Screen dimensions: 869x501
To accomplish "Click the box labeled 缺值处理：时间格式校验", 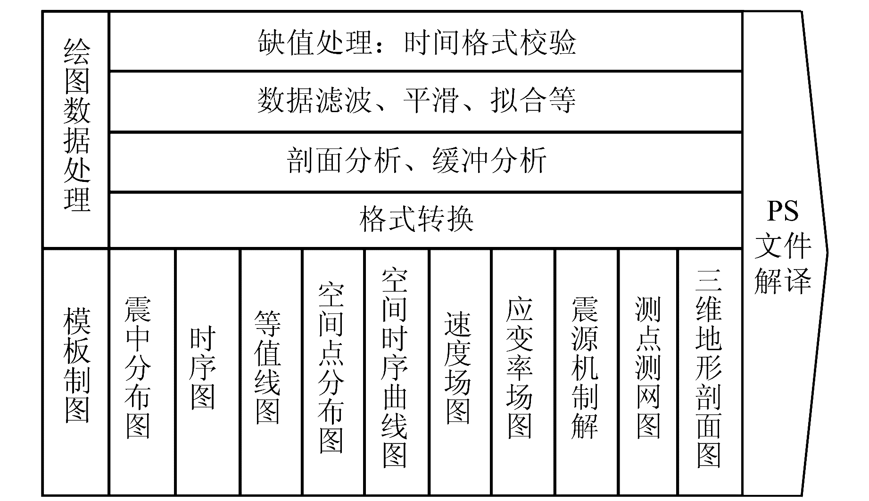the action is (417, 42).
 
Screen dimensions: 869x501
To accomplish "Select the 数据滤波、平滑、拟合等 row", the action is (417, 101).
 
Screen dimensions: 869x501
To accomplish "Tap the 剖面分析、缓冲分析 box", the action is (417, 161).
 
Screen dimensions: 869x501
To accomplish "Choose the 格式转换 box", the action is (417, 219).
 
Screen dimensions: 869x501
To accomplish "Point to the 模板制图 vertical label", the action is (76, 366).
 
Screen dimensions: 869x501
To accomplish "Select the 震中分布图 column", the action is (138, 368).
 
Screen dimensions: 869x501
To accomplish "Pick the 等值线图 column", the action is (267, 368).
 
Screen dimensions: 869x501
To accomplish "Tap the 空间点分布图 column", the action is (331, 368).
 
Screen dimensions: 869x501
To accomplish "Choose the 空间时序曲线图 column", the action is (395, 368).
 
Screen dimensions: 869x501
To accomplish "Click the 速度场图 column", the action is (457, 368).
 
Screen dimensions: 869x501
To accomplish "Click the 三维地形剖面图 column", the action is (709, 368).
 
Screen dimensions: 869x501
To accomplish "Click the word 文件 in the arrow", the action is (783, 246).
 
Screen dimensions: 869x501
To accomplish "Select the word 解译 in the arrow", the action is (783, 281).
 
